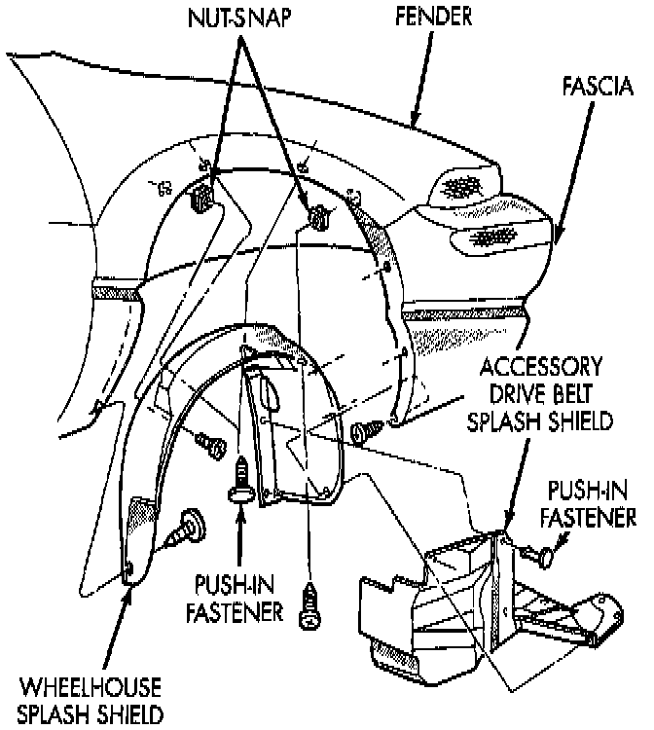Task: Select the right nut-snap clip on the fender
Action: click(x=316, y=218)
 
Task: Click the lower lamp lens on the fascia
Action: click(x=499, y=237)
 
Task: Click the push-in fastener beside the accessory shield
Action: click(x=539, y=556)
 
